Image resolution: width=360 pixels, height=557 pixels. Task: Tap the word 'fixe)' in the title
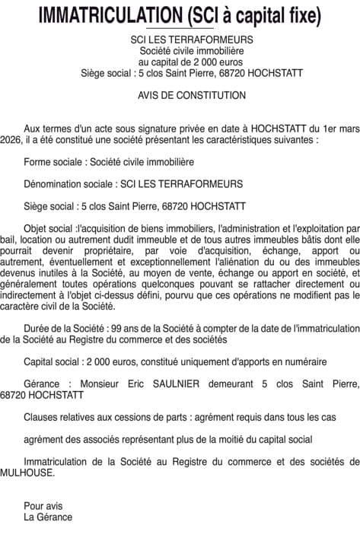(x=299, y=14)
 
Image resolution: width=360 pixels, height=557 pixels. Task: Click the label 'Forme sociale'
(x=54, y=162)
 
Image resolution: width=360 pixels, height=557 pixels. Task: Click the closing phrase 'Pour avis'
(x=43, y=505)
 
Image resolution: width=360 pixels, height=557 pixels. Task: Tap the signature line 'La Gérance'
(x=48, y=517)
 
